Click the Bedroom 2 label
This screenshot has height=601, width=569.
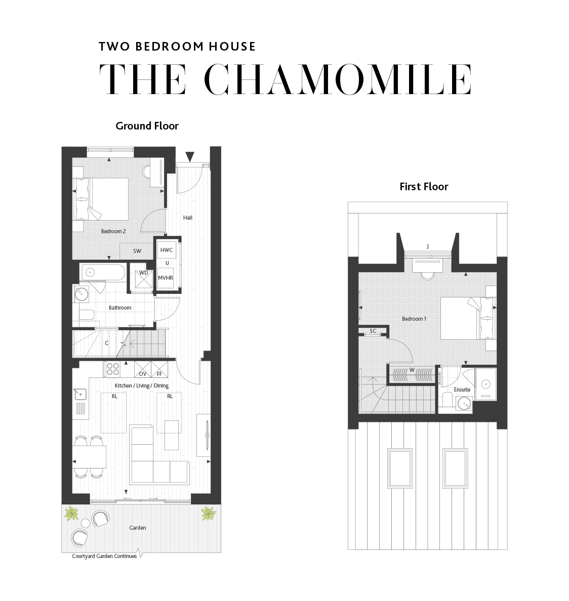pos(113,231)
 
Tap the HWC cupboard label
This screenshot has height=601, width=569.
pos(167,250)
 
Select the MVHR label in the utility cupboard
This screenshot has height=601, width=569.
pos(165,278)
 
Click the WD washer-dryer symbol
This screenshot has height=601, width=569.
pos(144,279)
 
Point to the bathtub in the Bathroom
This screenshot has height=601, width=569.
pos(103,273)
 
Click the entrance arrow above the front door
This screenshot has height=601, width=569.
pos(190,156)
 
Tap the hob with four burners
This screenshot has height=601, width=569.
pos(112,369)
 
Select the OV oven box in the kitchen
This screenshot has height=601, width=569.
pos(142,369)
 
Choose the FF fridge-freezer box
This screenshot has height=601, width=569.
pos(159,369)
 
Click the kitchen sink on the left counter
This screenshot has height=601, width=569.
pos(80,394)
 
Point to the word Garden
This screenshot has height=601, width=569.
pos(137,528)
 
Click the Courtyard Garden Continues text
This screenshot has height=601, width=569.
pos(104,556)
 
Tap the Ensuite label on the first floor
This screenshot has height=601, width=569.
pos(462,390)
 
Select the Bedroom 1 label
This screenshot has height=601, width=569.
pos(414,319)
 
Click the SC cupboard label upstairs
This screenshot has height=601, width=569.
pos(373,331)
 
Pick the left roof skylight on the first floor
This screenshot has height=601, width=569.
pos(399,468)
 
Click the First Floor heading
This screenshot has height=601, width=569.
pos(424,187)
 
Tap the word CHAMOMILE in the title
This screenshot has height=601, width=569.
pos(338,79)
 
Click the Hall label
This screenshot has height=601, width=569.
pos(188,218)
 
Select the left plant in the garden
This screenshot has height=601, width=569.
pos(71,513)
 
